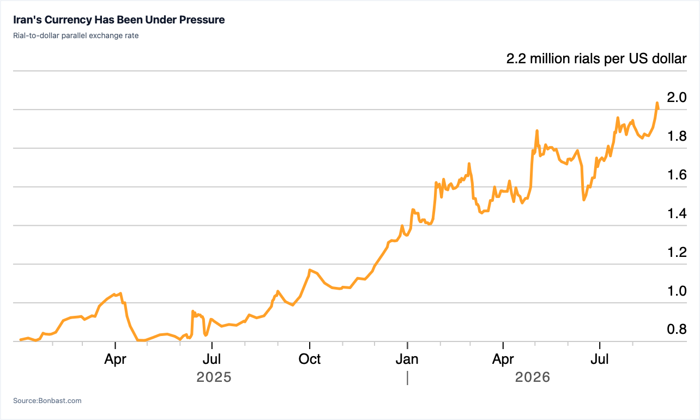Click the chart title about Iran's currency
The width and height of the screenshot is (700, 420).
click(x=119, y=20)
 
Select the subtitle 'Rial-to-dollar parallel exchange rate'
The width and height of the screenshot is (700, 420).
click(x=76, y=35)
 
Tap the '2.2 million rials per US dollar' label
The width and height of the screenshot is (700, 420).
click(x=596, y=59)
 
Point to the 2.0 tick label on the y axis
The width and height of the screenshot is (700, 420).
click(x=677, y=97)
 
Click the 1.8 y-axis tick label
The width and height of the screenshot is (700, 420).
click(x=677, y=136)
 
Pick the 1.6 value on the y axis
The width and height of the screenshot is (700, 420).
click(x=677, y=175)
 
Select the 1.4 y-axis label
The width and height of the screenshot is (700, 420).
click(x=677, y=214)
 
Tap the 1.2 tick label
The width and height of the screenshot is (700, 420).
click(x=677, y=252)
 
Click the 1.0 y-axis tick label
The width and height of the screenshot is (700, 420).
click(x=677, y=291)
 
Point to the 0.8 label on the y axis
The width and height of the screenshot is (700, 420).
click(x=677, y=329)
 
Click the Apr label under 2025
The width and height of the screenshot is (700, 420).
click(x=115, y=359)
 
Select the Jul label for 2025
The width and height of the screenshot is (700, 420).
click(x=212, y=359)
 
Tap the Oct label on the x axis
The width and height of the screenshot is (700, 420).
click(x=309, y=359)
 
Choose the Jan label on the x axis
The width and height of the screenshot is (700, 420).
click(x=407, y=359)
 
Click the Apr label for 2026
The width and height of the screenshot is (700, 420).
click(x=503, y=359)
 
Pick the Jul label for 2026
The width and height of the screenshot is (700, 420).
click(x=599, y=359)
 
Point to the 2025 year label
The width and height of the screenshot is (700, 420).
click(x=214, y=377)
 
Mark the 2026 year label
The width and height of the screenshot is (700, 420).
click(x=533, y=377)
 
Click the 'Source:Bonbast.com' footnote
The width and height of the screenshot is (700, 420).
click(x=47, y=400)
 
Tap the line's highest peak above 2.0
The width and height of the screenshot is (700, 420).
click(x=657, y=103)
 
